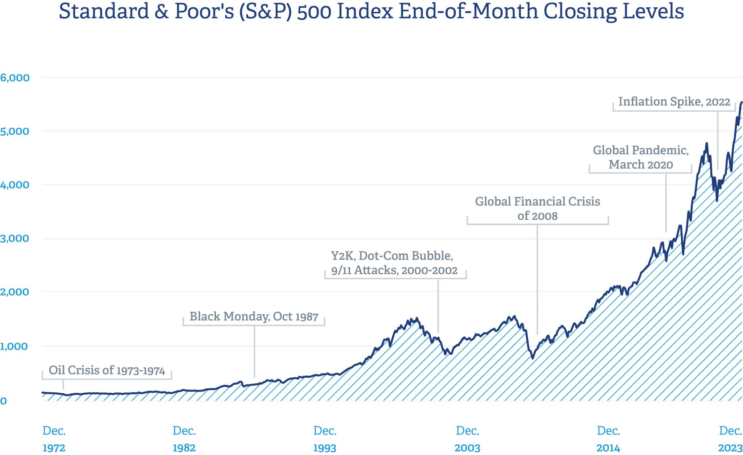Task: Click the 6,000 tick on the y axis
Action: click(15, 78)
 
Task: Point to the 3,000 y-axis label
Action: click(15, 238)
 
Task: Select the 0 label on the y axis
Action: click(3, 401)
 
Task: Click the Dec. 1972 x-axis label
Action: click(54, 439)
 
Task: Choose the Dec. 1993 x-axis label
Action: click(325, 439)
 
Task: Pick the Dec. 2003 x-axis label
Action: click(467, 439)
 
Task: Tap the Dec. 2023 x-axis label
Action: click(730, 439)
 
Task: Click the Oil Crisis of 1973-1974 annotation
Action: click(107, 370)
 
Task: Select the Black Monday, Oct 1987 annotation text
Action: click(254, 317)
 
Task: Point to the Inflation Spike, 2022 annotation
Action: click(674, 102)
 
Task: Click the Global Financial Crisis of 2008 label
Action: click(537, 208)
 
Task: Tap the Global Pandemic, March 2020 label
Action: click(641, 157)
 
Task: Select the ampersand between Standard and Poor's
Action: click(161, 12)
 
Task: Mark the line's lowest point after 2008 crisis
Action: click(533, 358)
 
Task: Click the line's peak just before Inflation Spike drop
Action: click(706, 144)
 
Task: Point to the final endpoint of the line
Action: click(742, 102)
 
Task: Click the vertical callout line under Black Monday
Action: click(254, 352)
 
